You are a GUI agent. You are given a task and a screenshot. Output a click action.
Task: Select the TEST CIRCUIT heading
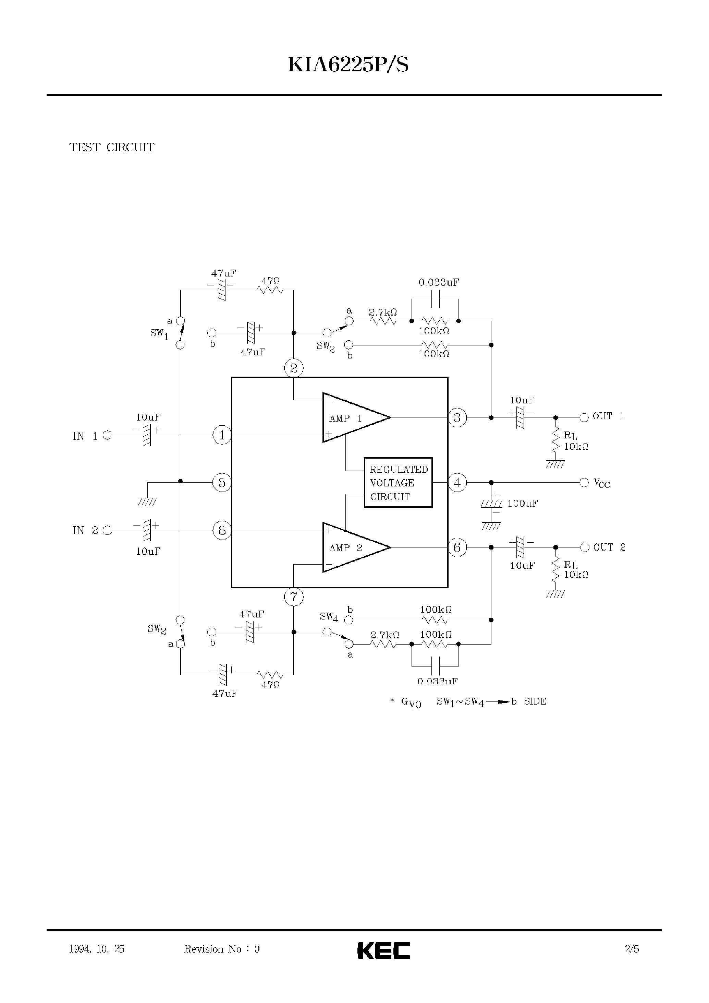pyautogui.click(x=112, y=148)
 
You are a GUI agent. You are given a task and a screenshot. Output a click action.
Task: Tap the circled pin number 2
pyautogui.click(x=293, y=368)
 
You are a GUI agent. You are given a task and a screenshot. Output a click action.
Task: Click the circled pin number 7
pyautogui.click(x=293, y=597)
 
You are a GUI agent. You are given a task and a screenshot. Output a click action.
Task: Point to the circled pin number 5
pyautogui.click(x=222, y=483)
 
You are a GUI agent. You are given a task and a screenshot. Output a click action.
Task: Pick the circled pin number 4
pyautogui.click(x=457, y=483)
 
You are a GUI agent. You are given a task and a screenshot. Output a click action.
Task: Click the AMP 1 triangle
pyautogui.click(x=352, y=418)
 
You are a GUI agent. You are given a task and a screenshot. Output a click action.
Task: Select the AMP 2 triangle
pyautogui.click(x=352, y=547)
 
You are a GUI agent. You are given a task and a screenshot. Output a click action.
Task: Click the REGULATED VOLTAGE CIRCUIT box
pyautogui.click(x=398, y=483)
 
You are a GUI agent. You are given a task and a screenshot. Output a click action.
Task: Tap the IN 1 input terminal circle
pyautogui.click(x=107, y=435)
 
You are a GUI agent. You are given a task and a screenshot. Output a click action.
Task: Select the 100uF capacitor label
pyautogui.click(x=522, y=504)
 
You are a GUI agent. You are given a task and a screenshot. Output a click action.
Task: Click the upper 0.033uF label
pyautogui.click(x=438, y=283)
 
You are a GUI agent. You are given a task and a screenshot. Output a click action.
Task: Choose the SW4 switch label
pyautogui.click(x=329, y=617)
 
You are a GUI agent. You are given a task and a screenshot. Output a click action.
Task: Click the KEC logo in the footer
pyautogui.click(x=383, y=951)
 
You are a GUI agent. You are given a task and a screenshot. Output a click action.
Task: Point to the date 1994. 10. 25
pyautogui.click(x=97, y=949)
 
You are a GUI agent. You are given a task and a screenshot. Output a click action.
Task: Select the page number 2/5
pyautogui.click(x=632, y=949)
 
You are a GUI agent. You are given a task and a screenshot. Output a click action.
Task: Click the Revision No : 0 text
pyautogui.click(x=221, y=949)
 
